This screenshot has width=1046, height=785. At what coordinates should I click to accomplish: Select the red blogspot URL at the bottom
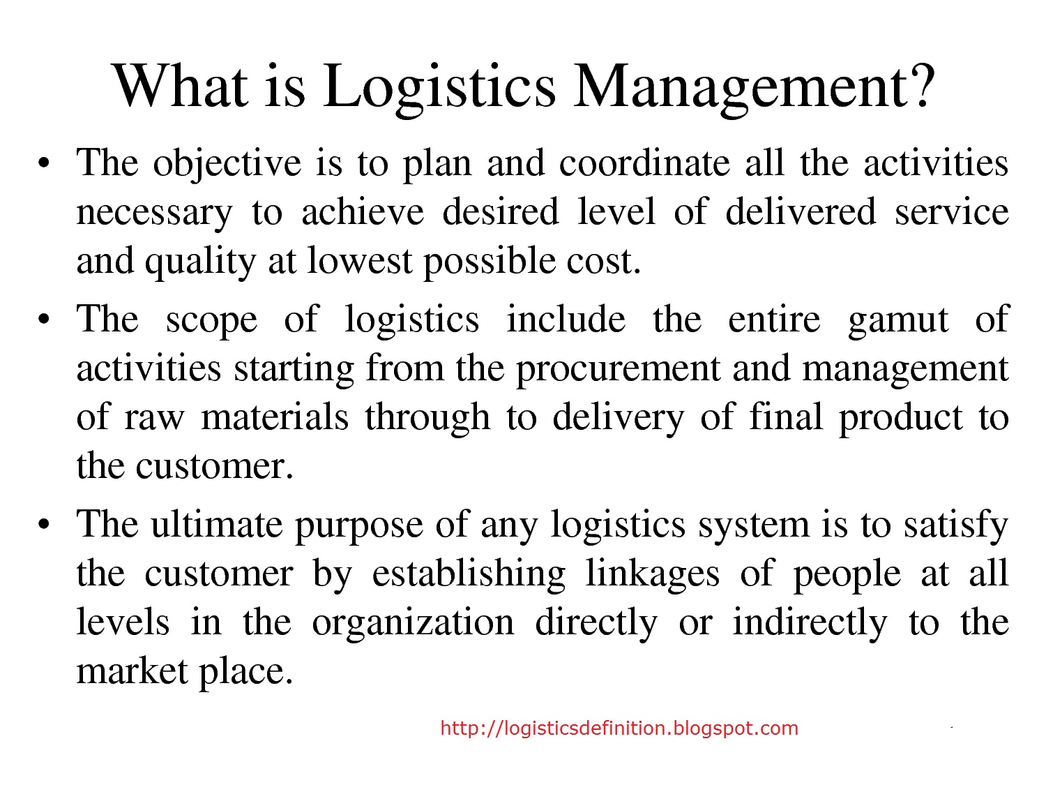[619, 728]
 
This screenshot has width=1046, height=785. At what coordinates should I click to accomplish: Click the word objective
[227, 164]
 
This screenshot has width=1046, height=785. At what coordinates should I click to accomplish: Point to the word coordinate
[644, 163]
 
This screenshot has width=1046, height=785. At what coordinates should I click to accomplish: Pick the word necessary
[154, 213]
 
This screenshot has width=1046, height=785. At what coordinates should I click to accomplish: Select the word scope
[211, 321]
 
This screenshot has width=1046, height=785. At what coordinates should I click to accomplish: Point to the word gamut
[898, 321]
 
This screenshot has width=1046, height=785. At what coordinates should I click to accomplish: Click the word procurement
[618, 370]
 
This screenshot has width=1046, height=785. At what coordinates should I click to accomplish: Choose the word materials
[275, 417]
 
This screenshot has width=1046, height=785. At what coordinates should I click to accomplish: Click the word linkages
[652, 574]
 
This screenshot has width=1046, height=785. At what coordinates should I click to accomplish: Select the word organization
[413, 623]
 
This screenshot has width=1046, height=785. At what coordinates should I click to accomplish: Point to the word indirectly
[810, 623]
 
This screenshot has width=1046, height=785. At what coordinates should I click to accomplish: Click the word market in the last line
[132, 671]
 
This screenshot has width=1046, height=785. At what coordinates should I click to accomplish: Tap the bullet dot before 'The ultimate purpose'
[44, 525]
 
